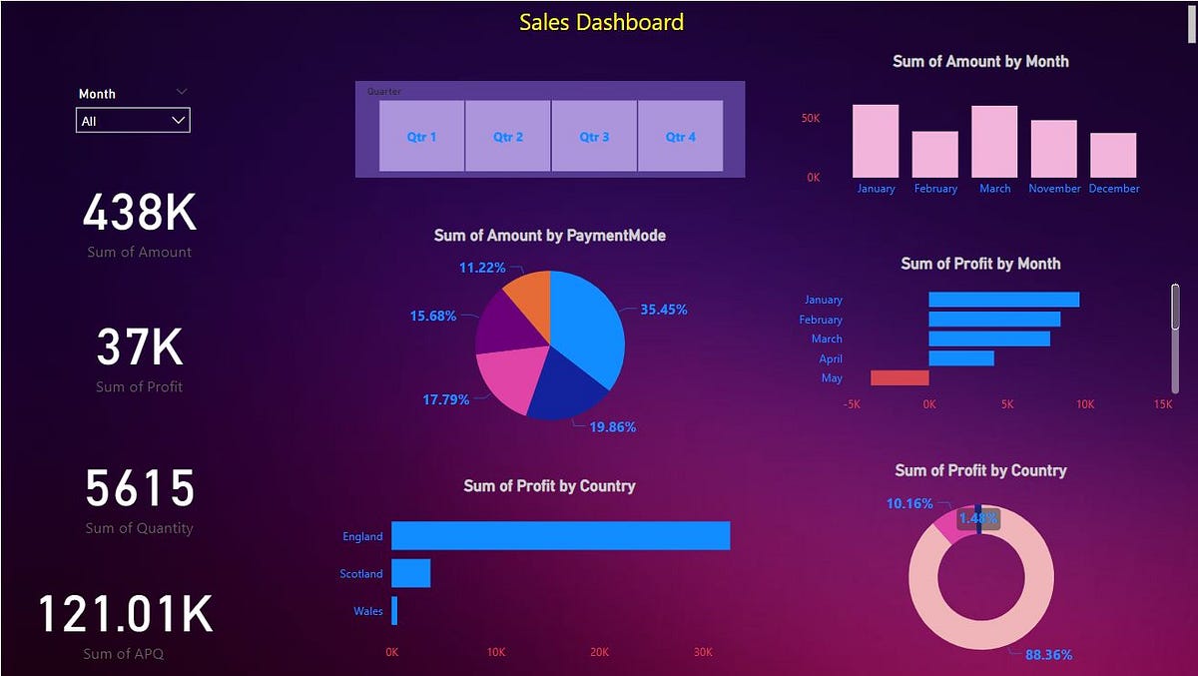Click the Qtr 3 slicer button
594,136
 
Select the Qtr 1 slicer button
421,136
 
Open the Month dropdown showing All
133,121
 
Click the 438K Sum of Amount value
140,213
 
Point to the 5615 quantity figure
140,489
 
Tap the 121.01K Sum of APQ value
126,614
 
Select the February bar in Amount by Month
934,155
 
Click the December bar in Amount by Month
1113,156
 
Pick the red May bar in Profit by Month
899,377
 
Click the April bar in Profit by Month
961,357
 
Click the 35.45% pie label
663,310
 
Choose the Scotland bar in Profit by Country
410,573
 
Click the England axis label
362,536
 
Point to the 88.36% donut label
1048,655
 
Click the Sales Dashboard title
601,22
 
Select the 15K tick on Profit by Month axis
1162,404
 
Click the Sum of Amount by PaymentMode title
549,236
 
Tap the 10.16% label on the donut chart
909,503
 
